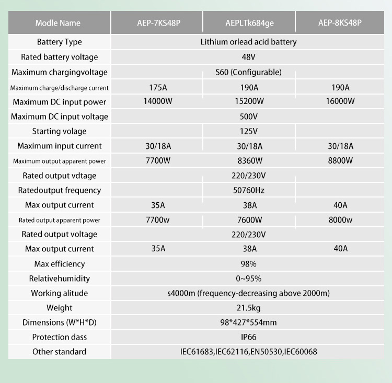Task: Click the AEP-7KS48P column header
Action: pyautogui.click(x=158, y=23)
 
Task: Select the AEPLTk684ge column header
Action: pyautogui.click(x=249, y=23)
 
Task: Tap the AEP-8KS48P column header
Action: pyautogui.click(x=340, y=23)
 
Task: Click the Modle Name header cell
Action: pyautogui.click(x=58, y=23)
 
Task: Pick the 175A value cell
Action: pyautogui.click(x=158, y=87)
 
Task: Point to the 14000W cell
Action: pyautogui.click(x=158, y=101)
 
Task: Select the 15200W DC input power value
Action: pyautogui.click(x=249, y=101)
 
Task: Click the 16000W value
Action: pyautogui.click(x=340, y=101)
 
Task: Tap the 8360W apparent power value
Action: pyautogui.click(x=249, y=160)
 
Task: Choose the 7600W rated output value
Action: pyautogui.click(x=249, y=220)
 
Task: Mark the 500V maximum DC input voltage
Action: pyautogui.click(x=249, y=117)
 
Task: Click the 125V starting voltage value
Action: pyautogui.click(x=249, y=131)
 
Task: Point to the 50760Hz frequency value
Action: pyautogui.click(x=249, y=190)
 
